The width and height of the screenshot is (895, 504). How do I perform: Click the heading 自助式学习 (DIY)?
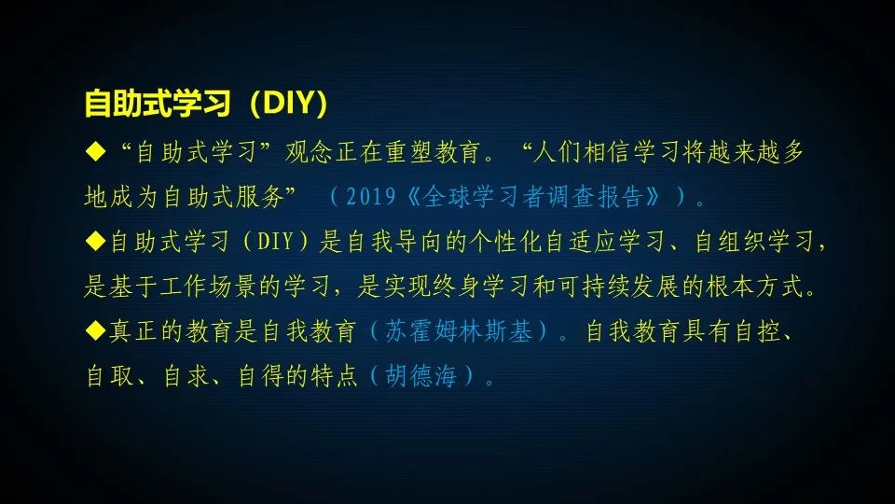[206, 105]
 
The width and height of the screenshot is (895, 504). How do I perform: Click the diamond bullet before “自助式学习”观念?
[91, 150]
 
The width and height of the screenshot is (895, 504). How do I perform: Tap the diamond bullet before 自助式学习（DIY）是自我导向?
[91, 241]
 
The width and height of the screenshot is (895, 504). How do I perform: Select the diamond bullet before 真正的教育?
[91, 331]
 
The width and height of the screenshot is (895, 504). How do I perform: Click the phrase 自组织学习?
[755, 242]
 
